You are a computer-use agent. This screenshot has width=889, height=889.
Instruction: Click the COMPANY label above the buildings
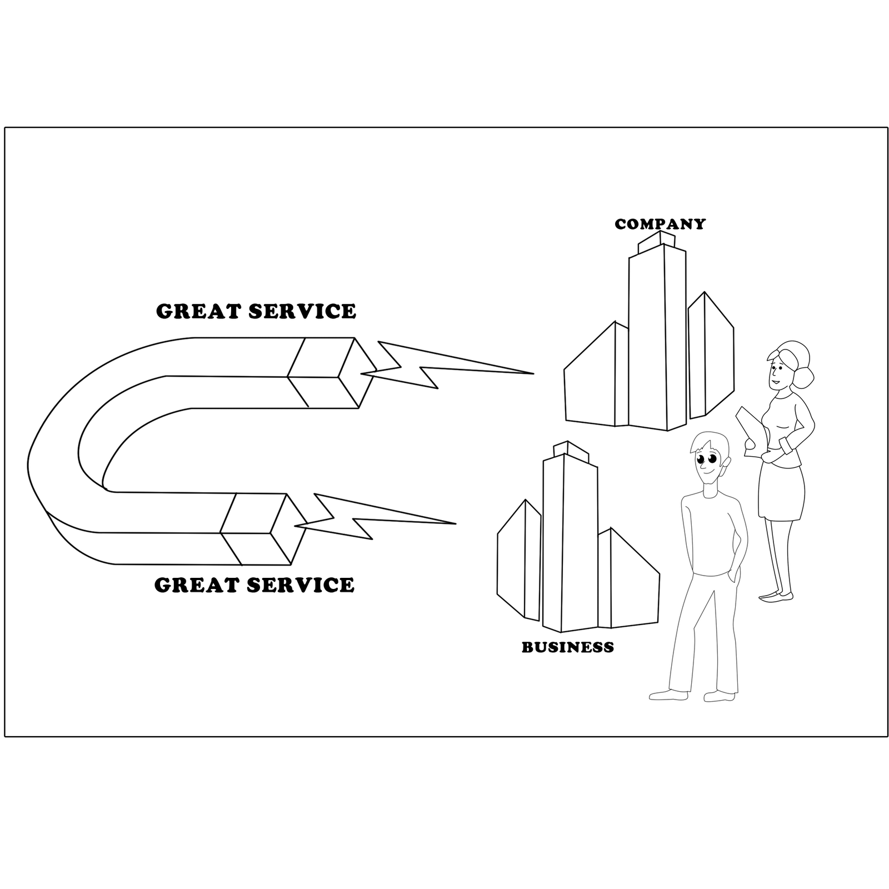tap(660, 224)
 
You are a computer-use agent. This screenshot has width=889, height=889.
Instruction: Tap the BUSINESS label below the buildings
tap(567, 647)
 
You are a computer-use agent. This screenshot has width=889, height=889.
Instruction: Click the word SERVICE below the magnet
tap(300, 585)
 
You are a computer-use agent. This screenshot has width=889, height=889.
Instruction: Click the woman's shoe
tap(776, 597)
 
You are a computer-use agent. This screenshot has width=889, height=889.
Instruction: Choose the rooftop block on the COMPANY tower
tap(657, 240)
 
